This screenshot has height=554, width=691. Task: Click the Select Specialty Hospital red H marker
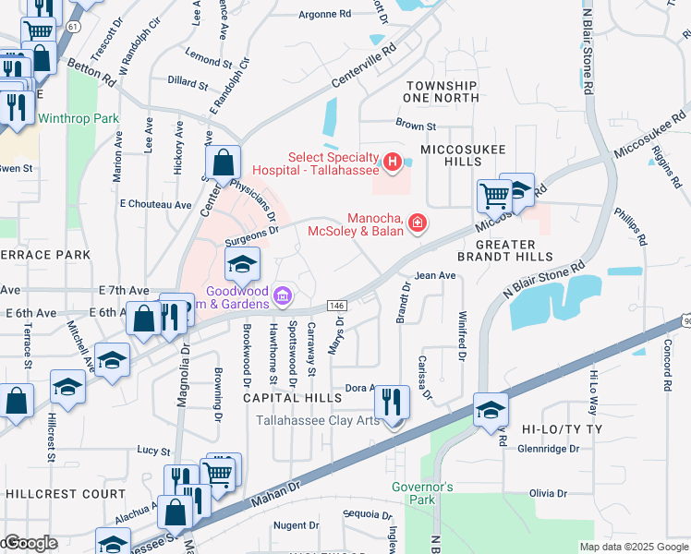(393, 163)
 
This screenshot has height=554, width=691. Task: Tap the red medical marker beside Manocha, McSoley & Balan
(418, 223)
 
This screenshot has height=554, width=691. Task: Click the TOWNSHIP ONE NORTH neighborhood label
(442, 91)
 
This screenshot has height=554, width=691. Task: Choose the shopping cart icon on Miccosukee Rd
(494, 195)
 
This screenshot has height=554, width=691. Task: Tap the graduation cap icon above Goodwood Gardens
(242, 265)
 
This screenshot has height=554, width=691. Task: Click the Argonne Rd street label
(325, 15)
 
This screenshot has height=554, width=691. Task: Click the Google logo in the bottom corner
(30, 543)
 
